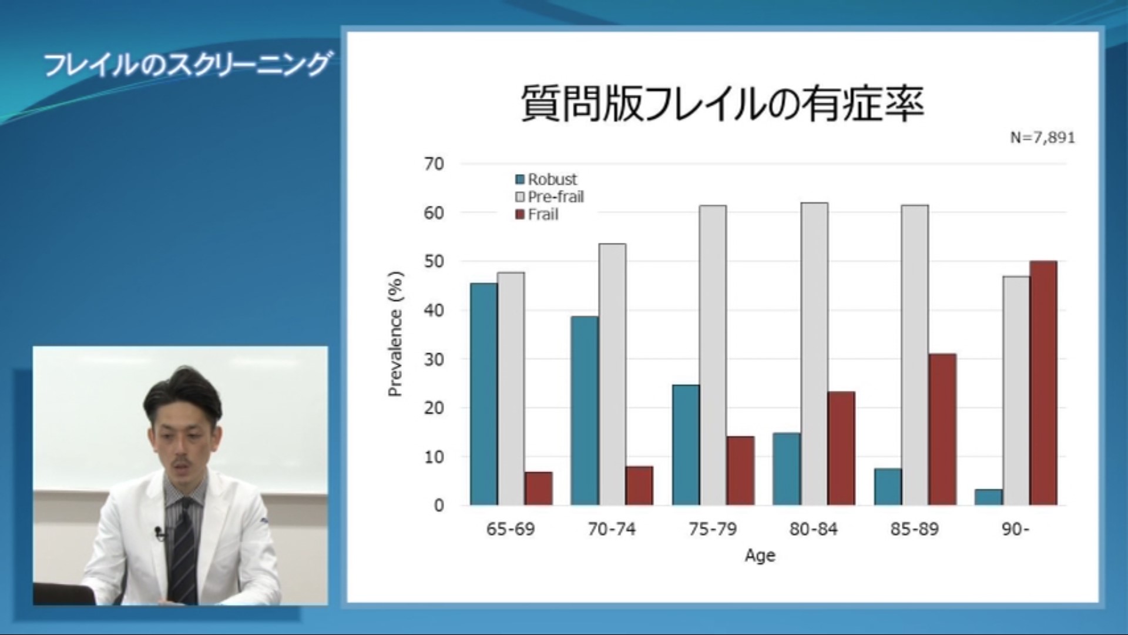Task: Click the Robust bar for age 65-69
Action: pos(484,394)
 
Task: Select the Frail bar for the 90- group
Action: pos(1043,383)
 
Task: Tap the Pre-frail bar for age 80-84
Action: pos(814,354)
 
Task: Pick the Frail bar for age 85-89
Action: pos(942,429)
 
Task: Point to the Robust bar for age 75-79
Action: pos(686,445)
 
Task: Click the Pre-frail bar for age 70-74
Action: pos(612,375)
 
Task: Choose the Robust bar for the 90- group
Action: pos(989,497)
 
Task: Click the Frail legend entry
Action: pos(536,215)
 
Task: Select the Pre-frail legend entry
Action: pos(549,197)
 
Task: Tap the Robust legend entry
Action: pos(546,179)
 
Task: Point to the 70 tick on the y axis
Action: pos(434,163)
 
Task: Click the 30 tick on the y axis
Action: pos(434,359)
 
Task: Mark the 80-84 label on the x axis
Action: pos(813,529)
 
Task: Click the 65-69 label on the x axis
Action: pos(511,529)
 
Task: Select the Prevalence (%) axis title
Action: pos(397,334)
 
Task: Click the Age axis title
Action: pos(760,556)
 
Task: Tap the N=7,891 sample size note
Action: pos(1042,138)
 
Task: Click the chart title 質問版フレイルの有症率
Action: pos(723,103)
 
